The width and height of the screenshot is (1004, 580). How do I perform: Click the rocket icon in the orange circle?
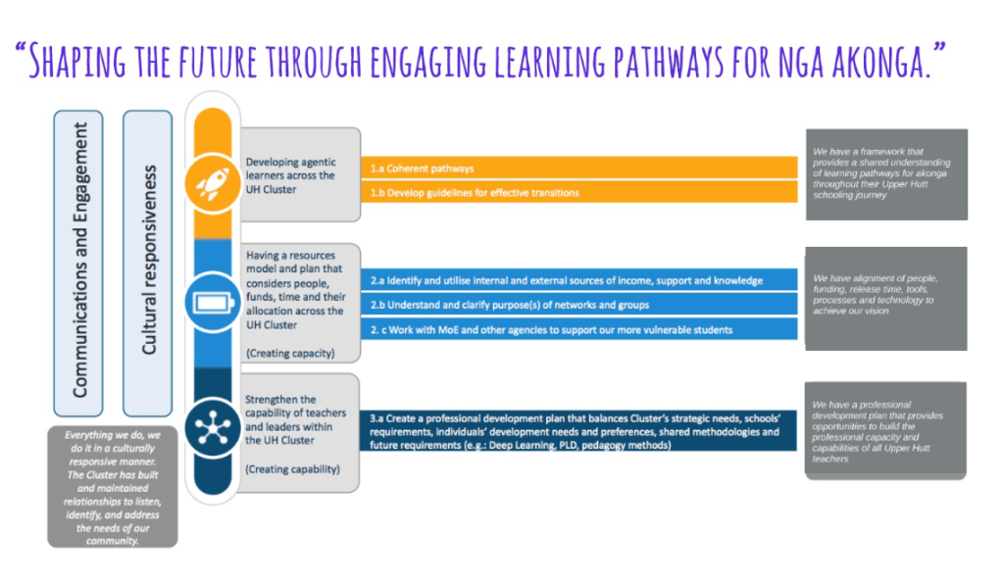pyautogui.click(x=213, y=183)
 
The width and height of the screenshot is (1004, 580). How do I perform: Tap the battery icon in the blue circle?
pyautogui.click(x=213, y=302)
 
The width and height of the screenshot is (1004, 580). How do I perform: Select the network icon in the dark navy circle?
pyautogui.click(x=213, y=427)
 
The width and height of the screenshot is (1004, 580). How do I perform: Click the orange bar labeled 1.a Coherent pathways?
pyautogui.click(x=579, y=169)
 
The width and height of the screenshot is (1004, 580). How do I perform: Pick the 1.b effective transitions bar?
pyautogui.click(x=579, y=192)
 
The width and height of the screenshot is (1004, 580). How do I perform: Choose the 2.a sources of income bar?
pyautogui.click(x=579, y=280)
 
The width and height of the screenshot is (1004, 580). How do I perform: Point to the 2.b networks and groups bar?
pyautogui.click(x=579, y=305)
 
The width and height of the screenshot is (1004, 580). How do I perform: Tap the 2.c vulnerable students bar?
pyautogui.click(x=579, y=330)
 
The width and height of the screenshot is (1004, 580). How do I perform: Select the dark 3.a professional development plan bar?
pyautogui.click(x=578, y=431)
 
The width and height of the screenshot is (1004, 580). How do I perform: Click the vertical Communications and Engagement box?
pyautogui.click(x=78, y=264)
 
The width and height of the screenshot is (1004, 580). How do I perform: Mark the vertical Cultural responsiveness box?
pyautogui.click(x=148, y=264)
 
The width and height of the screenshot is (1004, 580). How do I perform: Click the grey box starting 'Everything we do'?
pyautogui.click(x=113, y=487)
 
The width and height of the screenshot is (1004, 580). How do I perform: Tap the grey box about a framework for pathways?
pyautogui.click(x=886, y=174)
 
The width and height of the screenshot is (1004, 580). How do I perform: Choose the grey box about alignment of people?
pyautogui.click(x=886, y=299)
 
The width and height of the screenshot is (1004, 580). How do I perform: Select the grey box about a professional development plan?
pyautogui.click(x=885, y=430)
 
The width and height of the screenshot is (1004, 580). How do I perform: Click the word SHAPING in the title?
pyautogui.click(x=77, y=62)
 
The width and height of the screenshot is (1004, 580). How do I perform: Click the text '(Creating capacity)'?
pyautogui.click(x=290, y=354)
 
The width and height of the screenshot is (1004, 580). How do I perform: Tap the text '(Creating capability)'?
pyautogui.click(x=292, y=469)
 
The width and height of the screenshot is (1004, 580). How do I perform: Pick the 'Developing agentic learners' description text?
pyautogui.click(x=290, y=176)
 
